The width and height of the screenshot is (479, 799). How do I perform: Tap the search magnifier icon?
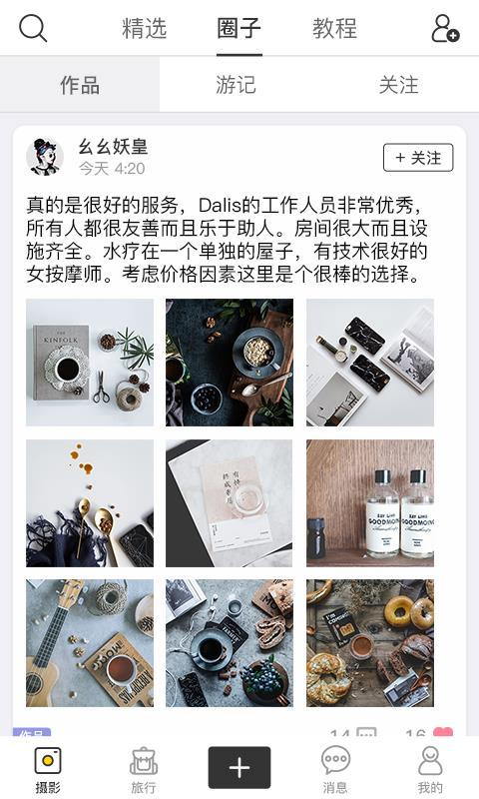point(33,28)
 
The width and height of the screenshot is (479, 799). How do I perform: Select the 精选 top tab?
point(144,28)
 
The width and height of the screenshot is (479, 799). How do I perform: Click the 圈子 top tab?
point(239,28)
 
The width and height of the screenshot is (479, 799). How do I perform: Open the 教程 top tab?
point(334,28)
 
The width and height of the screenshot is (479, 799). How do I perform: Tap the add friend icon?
point(444,29)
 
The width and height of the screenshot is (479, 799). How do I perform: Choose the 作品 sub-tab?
point(80,85)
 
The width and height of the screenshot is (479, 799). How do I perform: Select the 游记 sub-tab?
point(237,85)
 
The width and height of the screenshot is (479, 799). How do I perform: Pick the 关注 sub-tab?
point(398,85)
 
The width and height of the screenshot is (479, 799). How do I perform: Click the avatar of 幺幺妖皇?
point(45,157)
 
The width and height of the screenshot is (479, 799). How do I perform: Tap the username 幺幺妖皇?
point(113,147)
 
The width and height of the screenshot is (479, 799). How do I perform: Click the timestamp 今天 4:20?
point(112,169)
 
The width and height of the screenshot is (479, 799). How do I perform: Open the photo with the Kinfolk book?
point(90,363)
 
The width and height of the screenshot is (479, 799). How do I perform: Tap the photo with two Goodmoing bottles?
point(370,503)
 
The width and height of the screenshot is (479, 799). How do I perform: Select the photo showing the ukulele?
point(90,643)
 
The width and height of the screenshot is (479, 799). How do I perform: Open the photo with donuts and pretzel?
point(370,643)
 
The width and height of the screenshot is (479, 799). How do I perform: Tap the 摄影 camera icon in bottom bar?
point(48,762)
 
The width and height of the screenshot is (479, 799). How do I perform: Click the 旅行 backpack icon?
point(144,762)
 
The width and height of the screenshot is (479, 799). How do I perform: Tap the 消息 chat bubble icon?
point(335,762)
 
